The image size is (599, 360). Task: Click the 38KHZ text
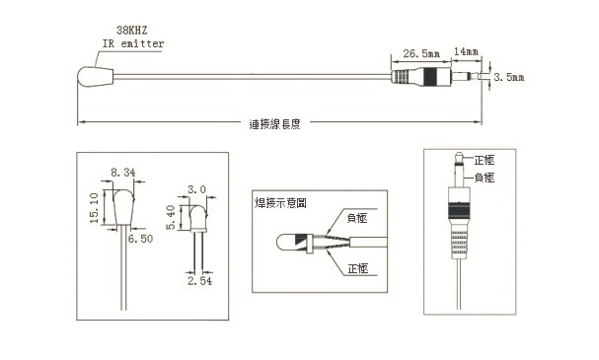point(132,31)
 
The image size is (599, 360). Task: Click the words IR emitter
point(133,43)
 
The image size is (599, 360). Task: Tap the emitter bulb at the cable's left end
point(96,77)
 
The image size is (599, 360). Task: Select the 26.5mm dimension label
point(421,53)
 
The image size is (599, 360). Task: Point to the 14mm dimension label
point(466,51)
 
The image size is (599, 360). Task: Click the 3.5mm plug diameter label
point(509,77)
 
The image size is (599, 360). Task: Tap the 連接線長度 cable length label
point(274,124)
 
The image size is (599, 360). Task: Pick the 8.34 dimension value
point(123,173)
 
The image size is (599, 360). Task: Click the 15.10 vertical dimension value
point(94,208)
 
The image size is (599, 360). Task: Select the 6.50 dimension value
point(140,239)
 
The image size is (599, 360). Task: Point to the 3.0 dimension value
point(196,189)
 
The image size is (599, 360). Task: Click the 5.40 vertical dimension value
point(171,217)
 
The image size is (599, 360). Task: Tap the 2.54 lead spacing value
point(199,281)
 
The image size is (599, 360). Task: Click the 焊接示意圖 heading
point(281,203)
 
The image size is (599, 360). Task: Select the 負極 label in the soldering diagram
point(357,218)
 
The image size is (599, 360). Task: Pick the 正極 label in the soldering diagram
point(358,268)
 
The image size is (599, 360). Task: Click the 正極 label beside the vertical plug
point(485,160)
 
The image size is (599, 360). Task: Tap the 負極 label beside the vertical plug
point(485,178)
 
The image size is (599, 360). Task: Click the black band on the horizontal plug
point(430,77)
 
